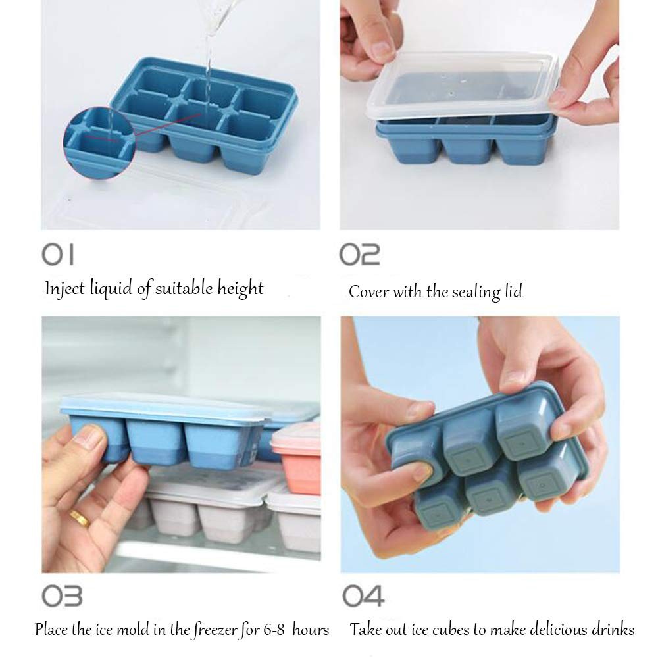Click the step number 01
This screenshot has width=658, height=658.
pos(59,254)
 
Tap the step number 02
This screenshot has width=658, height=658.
pos(359,254)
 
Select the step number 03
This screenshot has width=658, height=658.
pos(62,596)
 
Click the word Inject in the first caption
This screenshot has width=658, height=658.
pos(63,288)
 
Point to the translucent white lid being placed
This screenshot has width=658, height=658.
pos(461,86)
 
